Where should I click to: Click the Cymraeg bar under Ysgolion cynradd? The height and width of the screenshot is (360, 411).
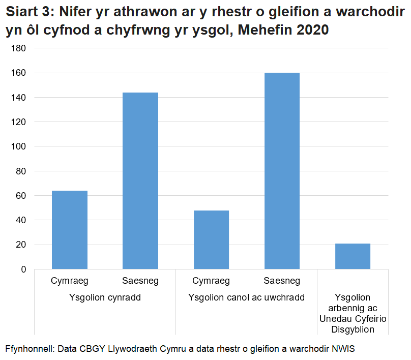(70, 230)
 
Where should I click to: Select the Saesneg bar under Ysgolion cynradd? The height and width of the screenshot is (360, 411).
(140, 181)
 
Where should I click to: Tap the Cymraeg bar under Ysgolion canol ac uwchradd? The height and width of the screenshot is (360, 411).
(211, 239)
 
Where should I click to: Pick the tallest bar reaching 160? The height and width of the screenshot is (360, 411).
(282, 171)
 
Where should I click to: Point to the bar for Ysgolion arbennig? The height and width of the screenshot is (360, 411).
(353, 256)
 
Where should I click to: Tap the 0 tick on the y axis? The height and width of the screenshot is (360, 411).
(23, 269)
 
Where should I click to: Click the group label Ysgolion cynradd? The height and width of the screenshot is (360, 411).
(105, 297)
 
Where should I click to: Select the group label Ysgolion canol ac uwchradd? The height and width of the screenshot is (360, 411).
(246, 297)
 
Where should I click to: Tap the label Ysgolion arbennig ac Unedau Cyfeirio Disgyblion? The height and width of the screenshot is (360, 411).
(353, 313)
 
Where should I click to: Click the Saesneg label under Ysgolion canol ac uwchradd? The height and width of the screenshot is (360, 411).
(282, 281)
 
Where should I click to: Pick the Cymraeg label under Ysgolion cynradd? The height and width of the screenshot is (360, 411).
(70, 281)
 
